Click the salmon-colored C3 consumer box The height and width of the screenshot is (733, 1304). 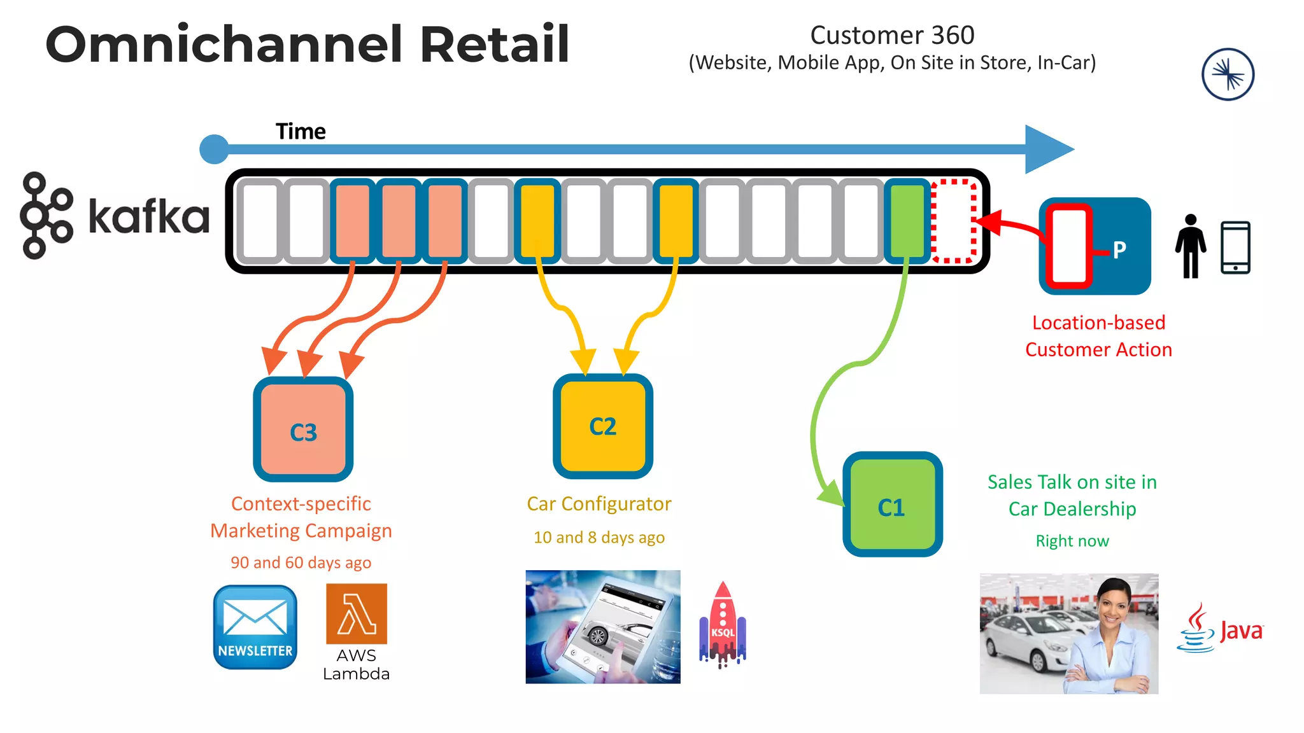(303, 430)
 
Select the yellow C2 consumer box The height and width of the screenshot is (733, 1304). (602, 426)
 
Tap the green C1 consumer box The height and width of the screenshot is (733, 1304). (891, 505)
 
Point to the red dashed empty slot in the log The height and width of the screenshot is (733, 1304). (953, 221)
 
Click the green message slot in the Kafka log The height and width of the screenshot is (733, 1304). (907, 221)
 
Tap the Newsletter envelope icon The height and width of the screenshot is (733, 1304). (255, 627)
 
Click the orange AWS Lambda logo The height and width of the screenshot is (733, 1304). (356, 614)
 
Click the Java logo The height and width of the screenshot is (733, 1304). (1220, 629)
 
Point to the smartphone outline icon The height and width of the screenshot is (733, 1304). (1235, 248)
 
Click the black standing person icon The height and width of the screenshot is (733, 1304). (1190, 246)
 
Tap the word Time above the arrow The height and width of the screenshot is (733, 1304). (301, 132)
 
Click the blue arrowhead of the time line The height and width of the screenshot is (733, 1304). (1047, 150)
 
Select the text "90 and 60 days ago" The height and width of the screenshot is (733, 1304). (301, 562)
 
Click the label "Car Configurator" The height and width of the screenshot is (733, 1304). (599, 504)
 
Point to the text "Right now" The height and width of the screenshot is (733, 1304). (1072, 541)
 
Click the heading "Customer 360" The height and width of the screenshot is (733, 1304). (892, 36)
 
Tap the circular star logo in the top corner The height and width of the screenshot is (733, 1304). (1228, 74)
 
